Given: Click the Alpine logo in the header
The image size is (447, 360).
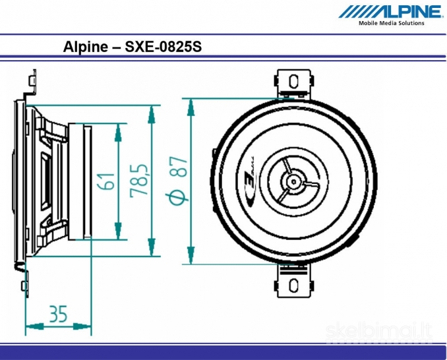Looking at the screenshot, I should click(x=390, y=11).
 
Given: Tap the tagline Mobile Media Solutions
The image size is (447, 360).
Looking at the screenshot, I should click(x=391, y=23).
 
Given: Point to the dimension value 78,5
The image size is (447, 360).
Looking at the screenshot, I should click(x=138, y=180).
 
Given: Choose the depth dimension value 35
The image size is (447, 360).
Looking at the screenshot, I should click(x=58, y=315).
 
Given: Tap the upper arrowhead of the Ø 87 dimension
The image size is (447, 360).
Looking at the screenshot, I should click(x=191, y=109).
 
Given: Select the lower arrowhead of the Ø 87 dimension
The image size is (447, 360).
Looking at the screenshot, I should click(x=191, y=254).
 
